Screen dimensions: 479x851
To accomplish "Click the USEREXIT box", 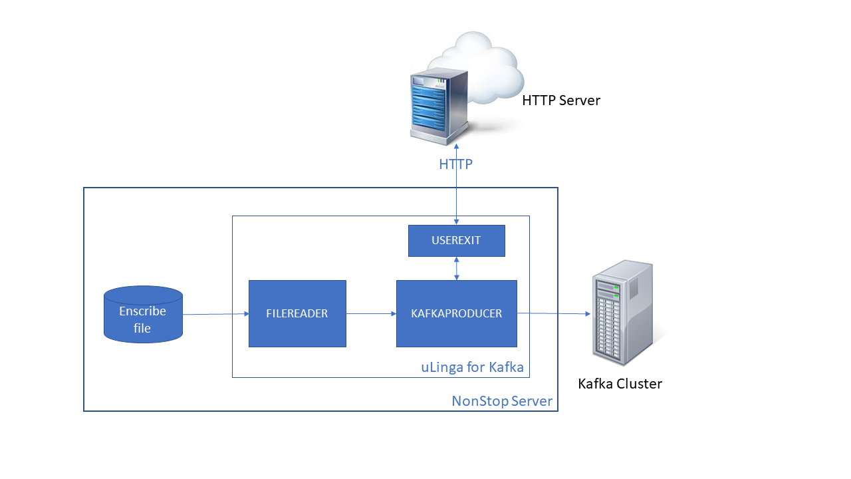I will [x=456, y=241].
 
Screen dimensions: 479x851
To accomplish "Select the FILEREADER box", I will [x=297, y=313].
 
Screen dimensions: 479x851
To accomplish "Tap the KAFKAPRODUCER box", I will [x=456, y=313].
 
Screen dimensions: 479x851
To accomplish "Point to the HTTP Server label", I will [x=561, y=101].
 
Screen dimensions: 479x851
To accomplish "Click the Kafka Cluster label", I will [x=620, y=384].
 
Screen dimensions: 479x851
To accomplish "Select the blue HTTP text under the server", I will [x=455, y=164].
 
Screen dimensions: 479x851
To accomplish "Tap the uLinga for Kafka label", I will [x=472, y=367].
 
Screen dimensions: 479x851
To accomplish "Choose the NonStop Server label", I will [x=502, y=401].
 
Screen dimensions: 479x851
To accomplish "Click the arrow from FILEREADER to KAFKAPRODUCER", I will [x=371, y=313].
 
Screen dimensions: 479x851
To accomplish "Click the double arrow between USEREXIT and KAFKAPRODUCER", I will [x=456, y=268].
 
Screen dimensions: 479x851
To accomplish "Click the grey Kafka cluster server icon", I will [x=622, y=313].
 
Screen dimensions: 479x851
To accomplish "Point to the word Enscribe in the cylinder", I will [x=142, y=311].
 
